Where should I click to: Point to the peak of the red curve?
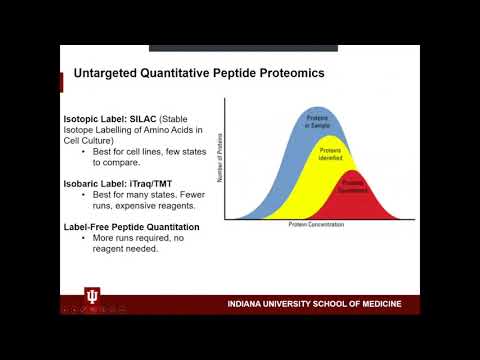pos(356,171)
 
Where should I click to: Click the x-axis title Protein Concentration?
pos(315,225)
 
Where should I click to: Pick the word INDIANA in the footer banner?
pos(247,303)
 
